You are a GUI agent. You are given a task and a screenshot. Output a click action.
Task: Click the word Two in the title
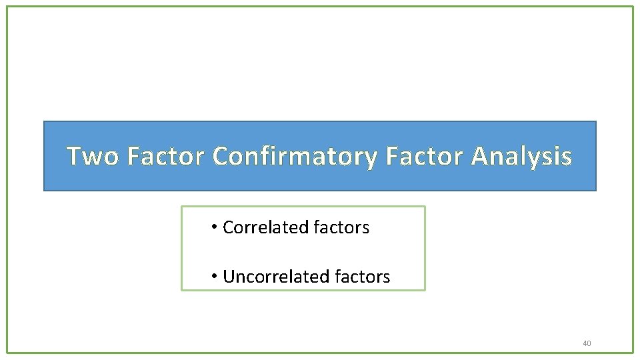click(93, 156)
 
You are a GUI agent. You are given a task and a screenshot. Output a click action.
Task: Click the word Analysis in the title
click(521, 156)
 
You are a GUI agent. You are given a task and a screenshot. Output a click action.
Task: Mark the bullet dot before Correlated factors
click(214, 227)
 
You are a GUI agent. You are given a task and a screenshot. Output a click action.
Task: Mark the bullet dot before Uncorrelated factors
click(214, 275)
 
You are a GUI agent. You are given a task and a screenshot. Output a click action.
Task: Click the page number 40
click(587, 343)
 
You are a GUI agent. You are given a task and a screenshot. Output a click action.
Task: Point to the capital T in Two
click(75, 156)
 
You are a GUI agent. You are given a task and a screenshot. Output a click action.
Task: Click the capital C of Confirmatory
click(221, 156)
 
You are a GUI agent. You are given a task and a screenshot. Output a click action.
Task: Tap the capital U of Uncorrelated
click(229, 276)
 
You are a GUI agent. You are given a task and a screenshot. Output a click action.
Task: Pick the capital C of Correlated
click(228, 227)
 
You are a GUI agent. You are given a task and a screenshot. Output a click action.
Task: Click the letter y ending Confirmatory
click(370, 159)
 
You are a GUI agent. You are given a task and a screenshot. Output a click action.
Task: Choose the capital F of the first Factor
click(132, 156)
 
